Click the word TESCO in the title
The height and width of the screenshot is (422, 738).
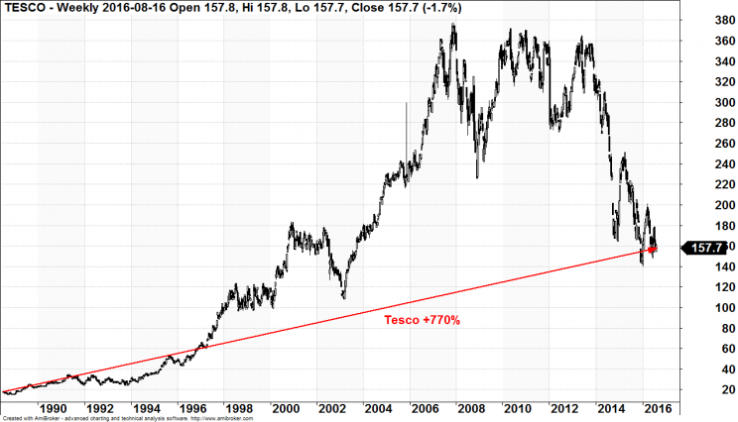[x=22, y=8]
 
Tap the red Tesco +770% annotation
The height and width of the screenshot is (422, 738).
[x=422, y=320]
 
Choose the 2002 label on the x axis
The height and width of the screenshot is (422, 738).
[x=331, y=407]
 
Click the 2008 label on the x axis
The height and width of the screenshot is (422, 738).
[x=471, y=407]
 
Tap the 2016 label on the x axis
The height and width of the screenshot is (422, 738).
[x=658, y=407]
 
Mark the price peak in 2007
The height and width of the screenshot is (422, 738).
[x=453, y=26]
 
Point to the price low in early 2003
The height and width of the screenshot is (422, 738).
[x=343, y=296]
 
